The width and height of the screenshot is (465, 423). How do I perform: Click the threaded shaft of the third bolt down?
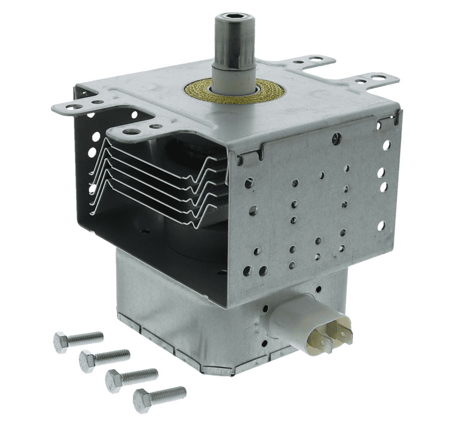tap(139, 374)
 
